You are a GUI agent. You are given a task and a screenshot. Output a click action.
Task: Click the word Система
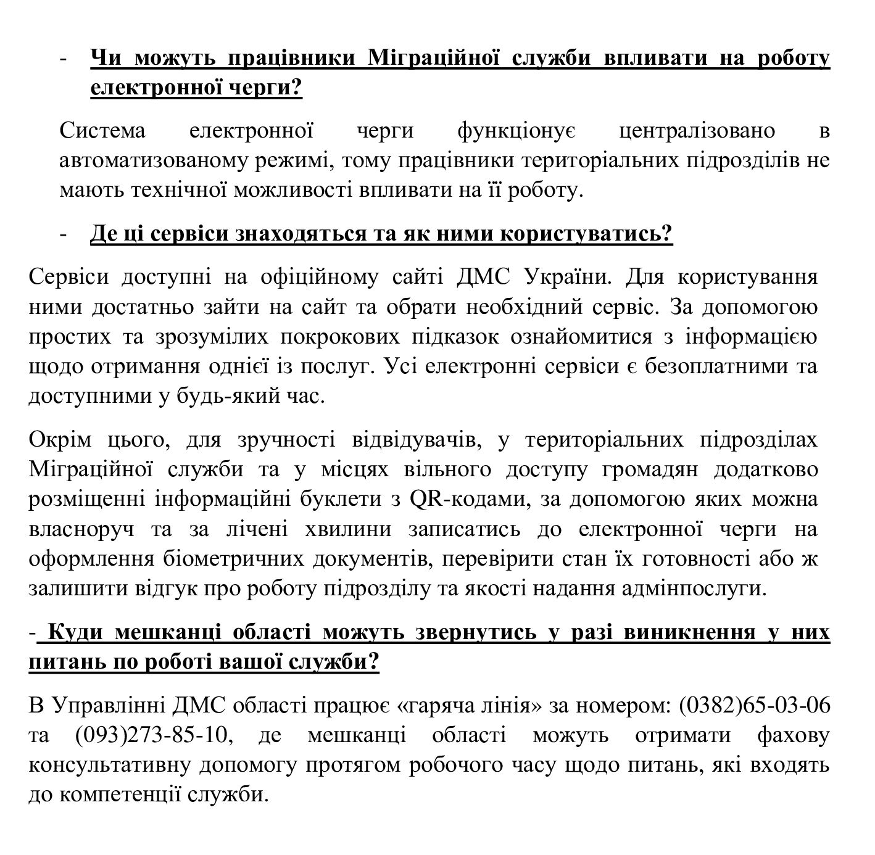pyautogui.click(x=102, y=131)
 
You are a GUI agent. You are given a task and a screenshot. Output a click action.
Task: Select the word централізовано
pyautogui.click(x=697, y=131)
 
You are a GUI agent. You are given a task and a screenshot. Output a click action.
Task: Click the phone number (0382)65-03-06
pyautogui.click(x=754, y=704)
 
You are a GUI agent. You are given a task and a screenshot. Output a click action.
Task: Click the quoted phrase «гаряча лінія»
pyautogui.click(x=471, y=704)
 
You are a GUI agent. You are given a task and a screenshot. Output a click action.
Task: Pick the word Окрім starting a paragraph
pyautogui.click(x=60, y=439)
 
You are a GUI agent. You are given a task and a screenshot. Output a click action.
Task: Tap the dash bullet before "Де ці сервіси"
pyautogui.click(x=63, y=235)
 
